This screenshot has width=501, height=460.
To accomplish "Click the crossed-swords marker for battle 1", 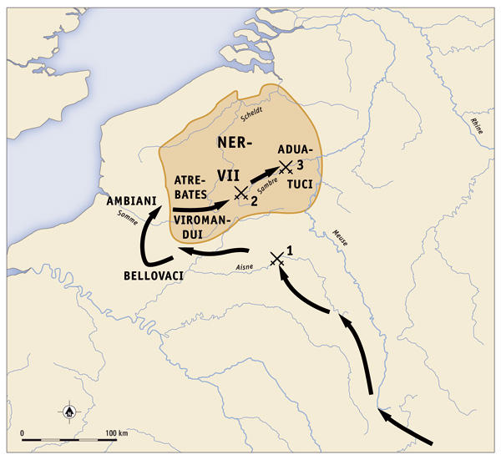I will tap(277, 260).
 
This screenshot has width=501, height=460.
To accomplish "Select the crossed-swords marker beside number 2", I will tap(241, 193).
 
